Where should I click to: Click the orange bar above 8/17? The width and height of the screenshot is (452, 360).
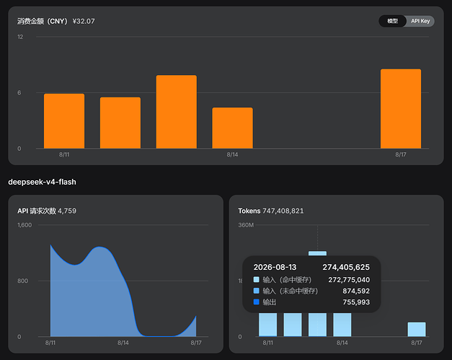[x=401, y=109]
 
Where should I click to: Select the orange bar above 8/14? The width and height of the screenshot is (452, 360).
[x=232, y=128]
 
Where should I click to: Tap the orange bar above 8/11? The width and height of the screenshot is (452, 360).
[x=64, y=121]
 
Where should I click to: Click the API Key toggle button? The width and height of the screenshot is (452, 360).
[x=420, y=21]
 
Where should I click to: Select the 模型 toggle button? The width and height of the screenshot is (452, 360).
[x=392, y=21]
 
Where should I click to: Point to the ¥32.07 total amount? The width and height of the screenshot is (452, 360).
[x=84, y=22]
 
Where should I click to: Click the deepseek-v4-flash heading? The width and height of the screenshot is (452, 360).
[x=42, y=182]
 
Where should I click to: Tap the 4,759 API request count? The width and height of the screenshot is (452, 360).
[x=67, y=211]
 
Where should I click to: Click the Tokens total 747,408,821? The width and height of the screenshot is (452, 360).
[x=283, y=211]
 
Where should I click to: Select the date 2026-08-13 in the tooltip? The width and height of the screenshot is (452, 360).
[x=275, y=268]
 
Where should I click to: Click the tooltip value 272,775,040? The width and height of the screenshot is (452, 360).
[x=349, y=280]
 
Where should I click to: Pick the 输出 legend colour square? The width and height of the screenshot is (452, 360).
[x=256, y=302]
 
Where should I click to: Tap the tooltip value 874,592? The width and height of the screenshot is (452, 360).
[x=356, y=291]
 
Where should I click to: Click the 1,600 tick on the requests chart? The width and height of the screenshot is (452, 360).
[x=25, y=225]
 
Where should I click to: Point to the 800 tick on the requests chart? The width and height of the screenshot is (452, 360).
[x=22, y=281]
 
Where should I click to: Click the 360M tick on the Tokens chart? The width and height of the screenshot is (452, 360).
[x=246, y=225]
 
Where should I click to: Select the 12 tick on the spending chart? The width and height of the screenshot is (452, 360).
[x=20, y=37]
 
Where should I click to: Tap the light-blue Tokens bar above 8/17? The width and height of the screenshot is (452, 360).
[x=417, y=330]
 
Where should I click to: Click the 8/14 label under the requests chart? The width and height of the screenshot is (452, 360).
[x=123, y=343]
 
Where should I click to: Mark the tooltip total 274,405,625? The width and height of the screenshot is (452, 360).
[x=346, y=268]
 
